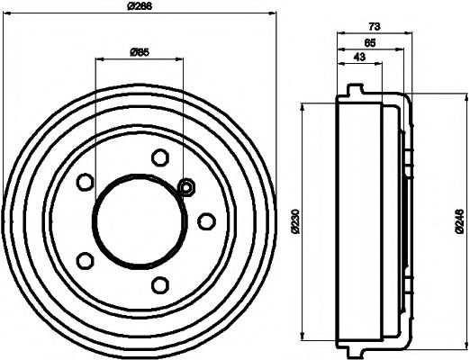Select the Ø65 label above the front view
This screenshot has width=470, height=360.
click(x=140, y=51)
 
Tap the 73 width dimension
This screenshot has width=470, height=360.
click(x=372, y=29)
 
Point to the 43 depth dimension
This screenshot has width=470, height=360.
click(x=358, y=58)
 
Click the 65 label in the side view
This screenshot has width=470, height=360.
click(x=369, y=42)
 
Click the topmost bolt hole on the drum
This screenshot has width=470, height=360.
click(x=160, y=157)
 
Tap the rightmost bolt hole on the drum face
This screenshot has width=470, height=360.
click(x=205, y=220)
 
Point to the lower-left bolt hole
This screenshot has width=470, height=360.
click(x=86, y=260)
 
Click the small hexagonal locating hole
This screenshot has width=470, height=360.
click(x=187, y=187)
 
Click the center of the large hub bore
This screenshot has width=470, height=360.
click(x=138, y=220)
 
